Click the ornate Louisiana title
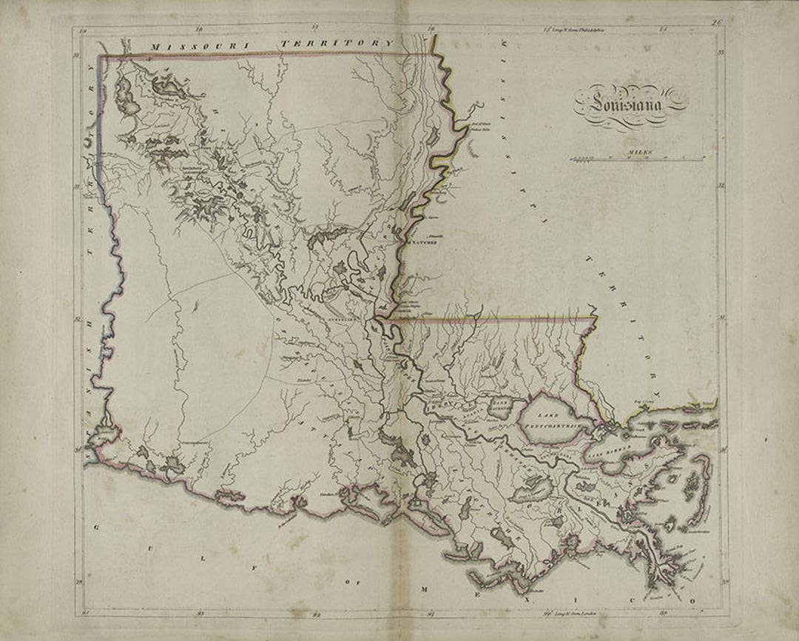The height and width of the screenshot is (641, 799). (627, 104)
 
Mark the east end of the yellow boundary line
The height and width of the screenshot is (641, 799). (596, 318)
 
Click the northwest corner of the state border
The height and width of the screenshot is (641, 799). (101, 55)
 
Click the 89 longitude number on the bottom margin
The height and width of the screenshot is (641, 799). (663, 613)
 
